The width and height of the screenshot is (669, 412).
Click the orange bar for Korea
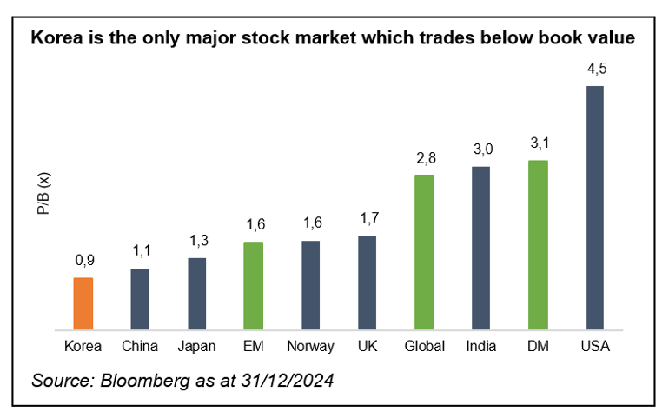[83, 303]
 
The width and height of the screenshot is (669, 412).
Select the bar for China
[140, 299]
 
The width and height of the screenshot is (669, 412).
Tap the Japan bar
[196, 294]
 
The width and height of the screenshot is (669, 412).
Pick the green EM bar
[253, 285]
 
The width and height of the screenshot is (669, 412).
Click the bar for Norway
[310, 285]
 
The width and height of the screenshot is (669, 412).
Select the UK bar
[367, 282]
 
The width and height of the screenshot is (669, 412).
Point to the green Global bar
[424, 252]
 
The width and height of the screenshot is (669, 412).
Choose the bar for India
[480, 248]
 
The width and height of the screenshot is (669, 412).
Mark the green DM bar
[538, 245]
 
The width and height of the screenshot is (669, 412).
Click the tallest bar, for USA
[595, 208]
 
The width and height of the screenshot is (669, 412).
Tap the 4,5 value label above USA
[595, 70]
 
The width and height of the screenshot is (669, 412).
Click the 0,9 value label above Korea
[83, 261]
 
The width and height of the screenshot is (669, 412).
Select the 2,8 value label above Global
[424, 158]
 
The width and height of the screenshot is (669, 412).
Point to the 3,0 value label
[480, 150]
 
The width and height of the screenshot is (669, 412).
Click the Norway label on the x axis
[310, 346]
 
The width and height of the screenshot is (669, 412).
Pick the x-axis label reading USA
[595, 346]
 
